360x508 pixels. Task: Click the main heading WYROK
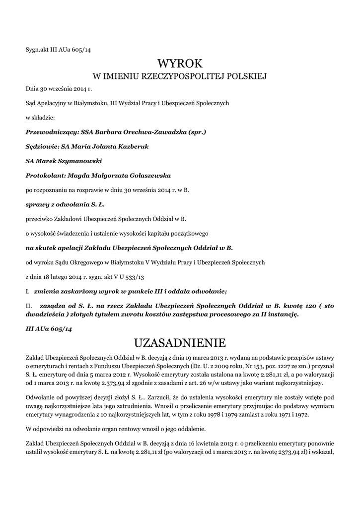click(x=180, y=63)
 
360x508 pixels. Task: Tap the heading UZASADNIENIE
click(x=180, y=343)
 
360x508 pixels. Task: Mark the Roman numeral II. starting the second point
click(x=29, y=306)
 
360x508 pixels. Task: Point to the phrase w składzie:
click(x=40, y=118)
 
